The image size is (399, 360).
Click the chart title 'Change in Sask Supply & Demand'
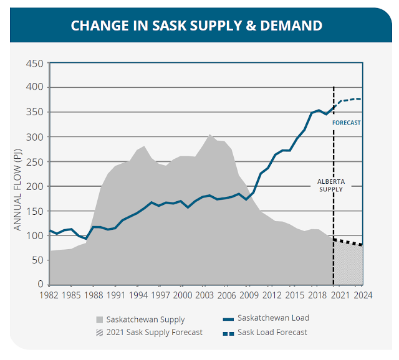coord(196,26)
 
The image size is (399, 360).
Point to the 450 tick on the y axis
coord(34,63)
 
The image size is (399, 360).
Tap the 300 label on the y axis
coord(34,137)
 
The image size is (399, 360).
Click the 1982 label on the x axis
coord(49,295)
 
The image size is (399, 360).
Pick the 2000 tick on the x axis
coord(183,295)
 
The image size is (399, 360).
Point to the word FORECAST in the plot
coord(346,123)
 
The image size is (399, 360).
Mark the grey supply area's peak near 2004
coord(210,135)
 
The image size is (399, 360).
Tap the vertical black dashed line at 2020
coord(334,156)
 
